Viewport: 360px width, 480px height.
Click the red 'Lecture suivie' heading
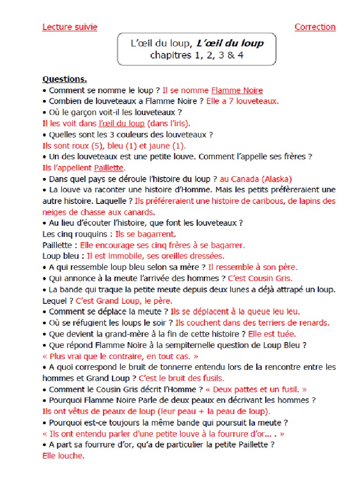70,27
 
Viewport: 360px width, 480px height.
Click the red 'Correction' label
315,27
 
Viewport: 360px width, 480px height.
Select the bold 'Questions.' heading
65,80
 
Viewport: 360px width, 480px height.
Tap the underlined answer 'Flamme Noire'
237,90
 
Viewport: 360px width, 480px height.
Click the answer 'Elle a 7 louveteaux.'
243,101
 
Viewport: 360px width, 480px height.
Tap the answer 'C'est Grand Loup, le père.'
124,301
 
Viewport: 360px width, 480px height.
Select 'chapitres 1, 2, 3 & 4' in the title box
196,55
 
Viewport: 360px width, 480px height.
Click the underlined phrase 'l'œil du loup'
121,124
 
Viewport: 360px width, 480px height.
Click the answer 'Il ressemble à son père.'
253,267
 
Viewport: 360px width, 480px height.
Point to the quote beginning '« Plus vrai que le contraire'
120,356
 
